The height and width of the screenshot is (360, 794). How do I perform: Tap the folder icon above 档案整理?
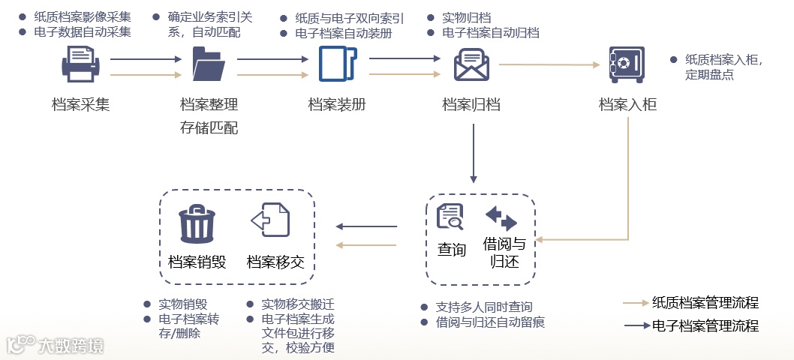click(209, 64)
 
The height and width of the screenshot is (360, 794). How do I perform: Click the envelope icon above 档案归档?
click(471, 64)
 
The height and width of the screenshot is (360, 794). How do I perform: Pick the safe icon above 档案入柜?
click(627, 64)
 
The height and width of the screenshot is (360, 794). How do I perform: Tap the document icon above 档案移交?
click(270, 221)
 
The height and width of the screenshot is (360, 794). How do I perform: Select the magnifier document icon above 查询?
click(450, 217)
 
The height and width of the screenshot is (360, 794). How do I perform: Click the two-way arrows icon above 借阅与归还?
click(501, 218)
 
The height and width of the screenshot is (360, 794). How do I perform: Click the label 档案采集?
click(81, 105)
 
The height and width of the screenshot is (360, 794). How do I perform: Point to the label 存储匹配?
click(209, 128)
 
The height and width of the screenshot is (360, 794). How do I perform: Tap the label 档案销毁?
click(197, 262)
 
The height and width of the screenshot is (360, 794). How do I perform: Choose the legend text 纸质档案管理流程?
click(705, 303)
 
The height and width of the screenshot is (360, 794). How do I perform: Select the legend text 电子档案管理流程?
click(705, 326)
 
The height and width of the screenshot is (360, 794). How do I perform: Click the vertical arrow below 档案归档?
click(473, 153)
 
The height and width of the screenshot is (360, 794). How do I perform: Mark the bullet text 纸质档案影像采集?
click(83, 16)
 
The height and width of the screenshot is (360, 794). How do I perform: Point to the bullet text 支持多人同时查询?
click(484, 307)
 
